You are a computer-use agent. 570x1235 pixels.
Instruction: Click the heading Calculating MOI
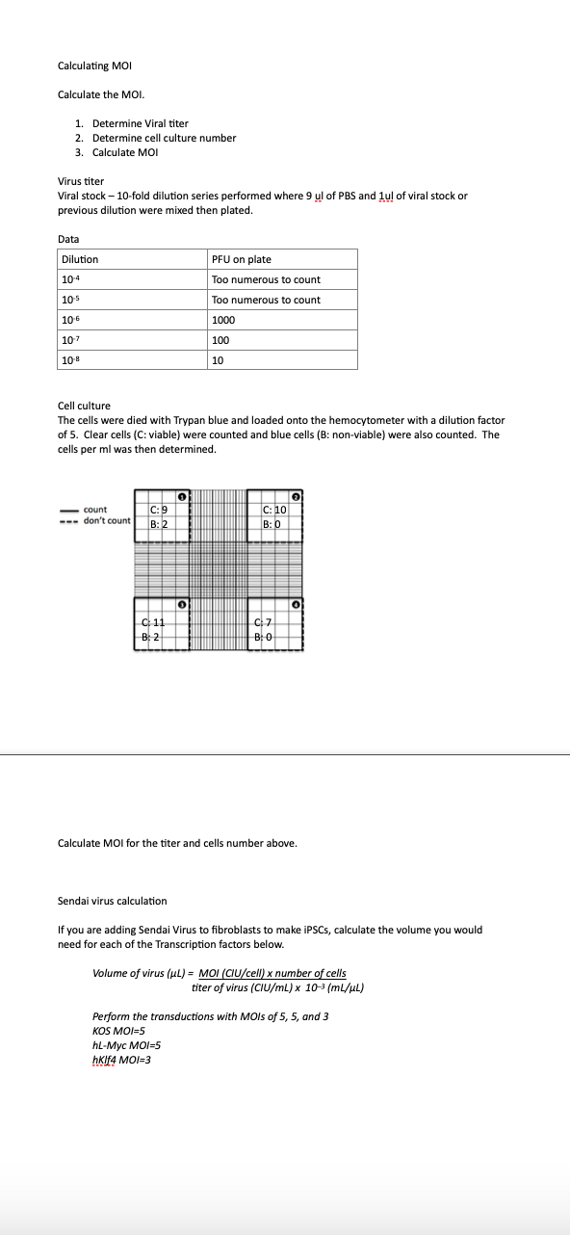click(94, 66)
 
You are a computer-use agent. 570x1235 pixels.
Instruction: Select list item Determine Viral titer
click(140, 123)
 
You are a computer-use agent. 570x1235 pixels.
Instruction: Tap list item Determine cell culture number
click(164, 138)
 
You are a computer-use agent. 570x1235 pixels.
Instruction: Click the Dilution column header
click(80, 259)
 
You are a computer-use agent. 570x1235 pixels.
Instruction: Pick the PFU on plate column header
click(242, 259)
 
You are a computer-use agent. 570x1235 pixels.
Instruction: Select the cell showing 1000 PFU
click(223, 320)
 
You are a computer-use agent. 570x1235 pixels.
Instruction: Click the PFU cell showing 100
click(220, 340)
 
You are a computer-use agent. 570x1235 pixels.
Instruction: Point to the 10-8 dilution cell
click(69, 360)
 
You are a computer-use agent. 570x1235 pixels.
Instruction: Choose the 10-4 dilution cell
click(69, 279)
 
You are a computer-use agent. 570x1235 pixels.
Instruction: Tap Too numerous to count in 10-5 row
click(266, 300)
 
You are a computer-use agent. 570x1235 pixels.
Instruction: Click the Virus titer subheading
click(81, 181)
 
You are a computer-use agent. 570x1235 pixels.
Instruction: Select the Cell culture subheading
click(84, 406)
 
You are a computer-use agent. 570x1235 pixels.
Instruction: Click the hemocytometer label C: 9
click(160, 510)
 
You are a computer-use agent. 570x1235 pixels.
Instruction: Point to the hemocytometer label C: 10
click(273, 510)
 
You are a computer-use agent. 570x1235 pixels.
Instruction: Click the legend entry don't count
click(106, 521)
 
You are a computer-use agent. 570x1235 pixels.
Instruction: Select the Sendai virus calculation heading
click(112, 901)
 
